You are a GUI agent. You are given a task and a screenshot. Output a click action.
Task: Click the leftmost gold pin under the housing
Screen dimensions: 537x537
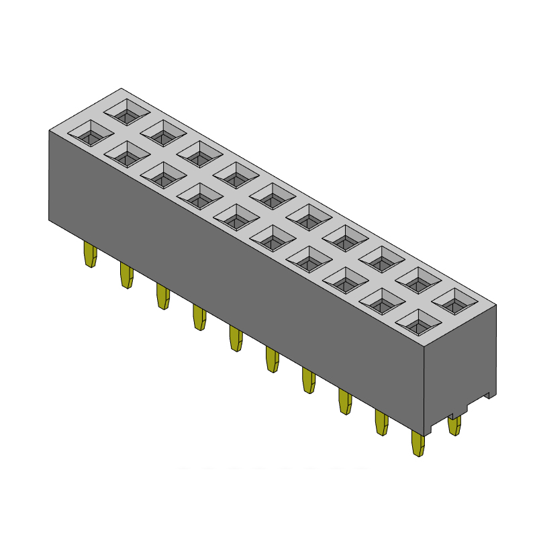89,255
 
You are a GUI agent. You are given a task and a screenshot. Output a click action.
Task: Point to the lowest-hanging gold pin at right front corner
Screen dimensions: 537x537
418,444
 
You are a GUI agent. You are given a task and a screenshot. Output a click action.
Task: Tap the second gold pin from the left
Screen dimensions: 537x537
126,276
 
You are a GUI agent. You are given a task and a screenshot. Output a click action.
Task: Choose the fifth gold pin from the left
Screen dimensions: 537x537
236,339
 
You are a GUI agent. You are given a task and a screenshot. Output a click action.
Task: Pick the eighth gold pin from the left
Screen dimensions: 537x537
345,402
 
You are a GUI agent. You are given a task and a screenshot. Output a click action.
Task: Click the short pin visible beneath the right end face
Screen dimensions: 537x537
454,426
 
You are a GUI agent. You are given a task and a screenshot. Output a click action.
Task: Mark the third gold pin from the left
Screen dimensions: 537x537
162,297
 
